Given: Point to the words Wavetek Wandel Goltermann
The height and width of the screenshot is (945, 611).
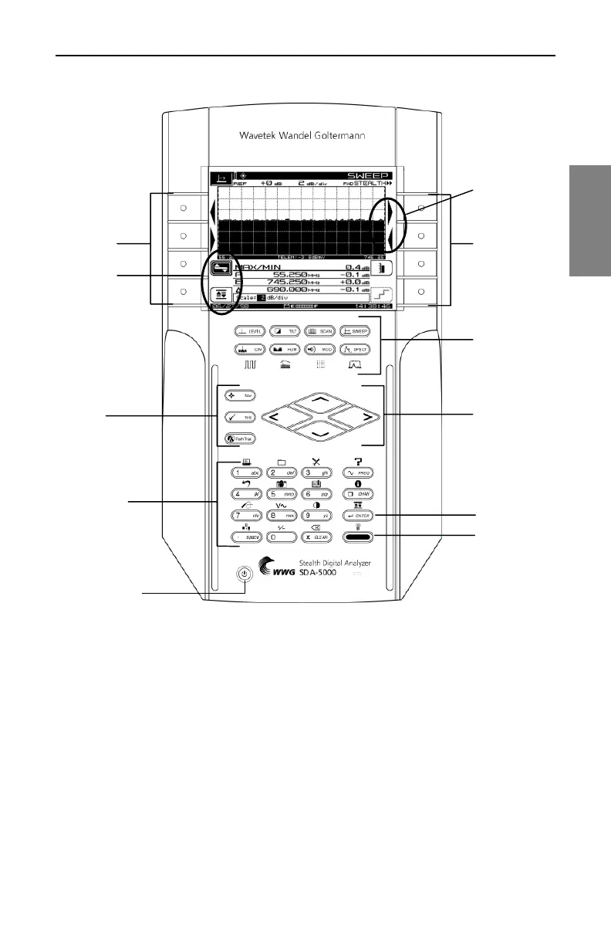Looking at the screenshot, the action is pyautogui.click(x=301, y=137).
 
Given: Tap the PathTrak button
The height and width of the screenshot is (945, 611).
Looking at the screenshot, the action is pyautogui.click(x=240, y=438).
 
